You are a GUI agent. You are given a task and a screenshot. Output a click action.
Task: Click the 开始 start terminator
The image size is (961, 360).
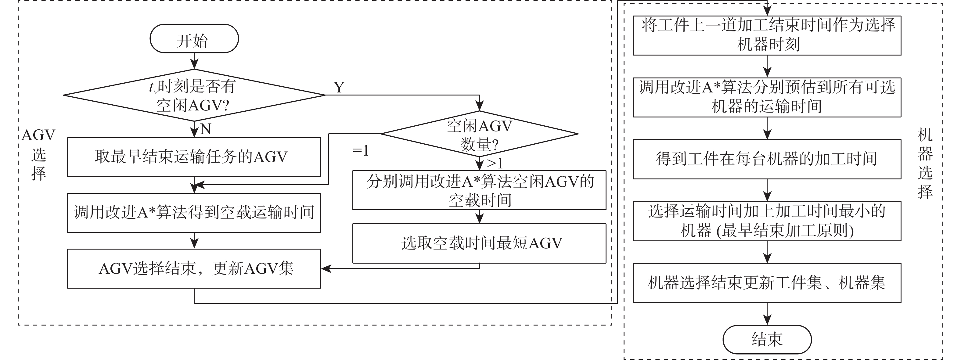[x=194, y=39]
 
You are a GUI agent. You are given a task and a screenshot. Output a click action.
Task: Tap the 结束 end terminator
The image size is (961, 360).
[x=767, y=340]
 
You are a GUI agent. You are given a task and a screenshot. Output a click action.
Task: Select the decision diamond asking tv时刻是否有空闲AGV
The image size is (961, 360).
[x=194, y=95]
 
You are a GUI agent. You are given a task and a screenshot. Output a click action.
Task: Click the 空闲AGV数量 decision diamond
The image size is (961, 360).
[x=479, y=134]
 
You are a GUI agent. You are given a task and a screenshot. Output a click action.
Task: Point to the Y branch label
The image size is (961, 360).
[x=339, y=87]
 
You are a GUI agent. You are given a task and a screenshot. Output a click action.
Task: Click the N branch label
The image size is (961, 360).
[x=206, y=129]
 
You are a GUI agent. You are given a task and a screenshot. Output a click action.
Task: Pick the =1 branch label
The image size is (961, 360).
[x=360, y=151]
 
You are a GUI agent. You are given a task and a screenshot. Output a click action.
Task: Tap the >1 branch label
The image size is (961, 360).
[x=495, y=164]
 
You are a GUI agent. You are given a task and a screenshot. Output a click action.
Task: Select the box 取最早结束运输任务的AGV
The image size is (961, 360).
[x=194, y=157]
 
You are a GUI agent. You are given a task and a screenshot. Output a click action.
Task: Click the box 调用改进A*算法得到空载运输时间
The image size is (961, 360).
[x=194, y=213]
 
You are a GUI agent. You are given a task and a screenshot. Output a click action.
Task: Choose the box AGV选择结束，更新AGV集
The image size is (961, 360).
[x=194, y=268]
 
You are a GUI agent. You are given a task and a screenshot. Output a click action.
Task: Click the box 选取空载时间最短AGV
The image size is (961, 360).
[x=479, y=243]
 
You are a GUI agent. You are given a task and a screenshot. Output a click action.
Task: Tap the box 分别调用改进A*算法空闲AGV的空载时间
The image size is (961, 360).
[x=479, y=190]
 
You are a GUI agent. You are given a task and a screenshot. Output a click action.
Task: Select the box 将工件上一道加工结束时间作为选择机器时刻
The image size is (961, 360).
[x=767, y=35]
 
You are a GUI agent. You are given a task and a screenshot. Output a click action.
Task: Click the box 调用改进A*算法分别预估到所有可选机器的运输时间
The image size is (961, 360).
[x=767, y=97]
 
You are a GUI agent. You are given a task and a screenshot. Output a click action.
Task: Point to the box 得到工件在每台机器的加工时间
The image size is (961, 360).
[x=767, y=159]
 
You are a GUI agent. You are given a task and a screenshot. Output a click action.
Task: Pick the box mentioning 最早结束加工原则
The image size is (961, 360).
[x=767, y=221]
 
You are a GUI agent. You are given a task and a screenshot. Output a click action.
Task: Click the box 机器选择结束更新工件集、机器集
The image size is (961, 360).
[x=767, y=283]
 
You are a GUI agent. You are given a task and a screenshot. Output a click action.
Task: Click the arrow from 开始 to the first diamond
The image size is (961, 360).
[x=194, y=61]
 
